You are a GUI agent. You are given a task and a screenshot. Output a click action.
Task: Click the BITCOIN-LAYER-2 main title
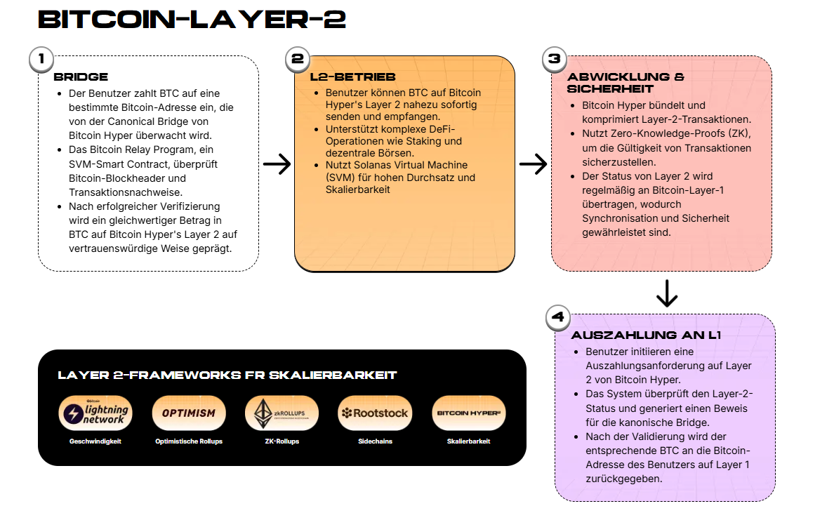tap(192, 20)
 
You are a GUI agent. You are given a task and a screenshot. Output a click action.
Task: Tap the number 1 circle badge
tap(41, 58)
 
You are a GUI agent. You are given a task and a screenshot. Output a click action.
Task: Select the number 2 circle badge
tap(298, 58)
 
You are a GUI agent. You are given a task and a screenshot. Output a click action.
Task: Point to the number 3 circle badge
tap(554, 58)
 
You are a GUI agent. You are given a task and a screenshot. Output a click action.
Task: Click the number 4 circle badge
tap(558, 317)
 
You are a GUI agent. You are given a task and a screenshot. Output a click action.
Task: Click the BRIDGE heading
tap(81, 77)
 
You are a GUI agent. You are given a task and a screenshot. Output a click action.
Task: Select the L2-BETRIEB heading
tap(352, 77)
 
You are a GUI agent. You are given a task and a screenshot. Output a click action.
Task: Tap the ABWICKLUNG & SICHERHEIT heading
tap(625, 83)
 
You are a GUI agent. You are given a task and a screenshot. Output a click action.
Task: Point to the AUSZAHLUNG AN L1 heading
tap(646, 335)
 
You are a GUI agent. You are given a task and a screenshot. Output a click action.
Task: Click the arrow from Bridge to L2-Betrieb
tap(277, 164)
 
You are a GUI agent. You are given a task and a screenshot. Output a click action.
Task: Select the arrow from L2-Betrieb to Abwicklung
tap(534, 164)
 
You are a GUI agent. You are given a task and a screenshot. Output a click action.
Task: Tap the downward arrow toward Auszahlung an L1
tap(667, 293)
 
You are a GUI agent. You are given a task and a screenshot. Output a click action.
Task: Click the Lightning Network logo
tap(95, 413)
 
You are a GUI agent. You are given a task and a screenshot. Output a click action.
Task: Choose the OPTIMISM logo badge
tap(189, 413)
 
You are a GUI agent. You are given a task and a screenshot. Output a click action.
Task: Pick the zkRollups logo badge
tap(282, 413)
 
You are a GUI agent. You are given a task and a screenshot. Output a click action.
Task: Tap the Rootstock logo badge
tap(375, 413)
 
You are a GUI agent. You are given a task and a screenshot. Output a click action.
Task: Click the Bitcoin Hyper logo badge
tap(468, 413)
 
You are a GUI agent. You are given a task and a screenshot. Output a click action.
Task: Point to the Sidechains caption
tap(375, 441)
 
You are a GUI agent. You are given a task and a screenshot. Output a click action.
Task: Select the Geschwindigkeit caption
tap(95, 441)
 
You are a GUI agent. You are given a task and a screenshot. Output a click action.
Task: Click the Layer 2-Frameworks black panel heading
tap(227, 375)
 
